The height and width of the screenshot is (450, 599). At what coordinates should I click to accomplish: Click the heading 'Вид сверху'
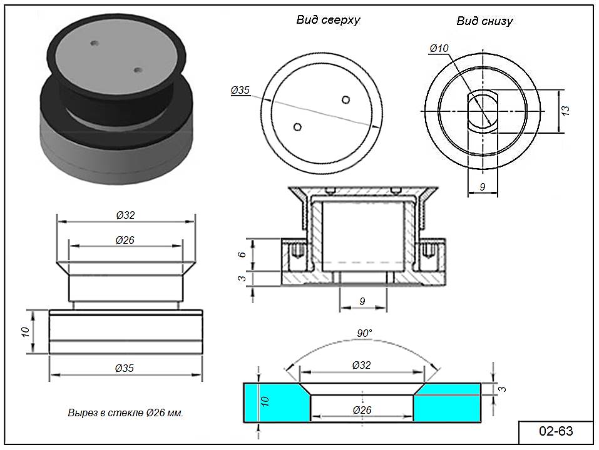click(328, 19)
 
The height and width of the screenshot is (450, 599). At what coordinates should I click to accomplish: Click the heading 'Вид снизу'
click(484, 21)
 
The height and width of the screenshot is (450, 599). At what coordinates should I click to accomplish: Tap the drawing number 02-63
click(556, 431)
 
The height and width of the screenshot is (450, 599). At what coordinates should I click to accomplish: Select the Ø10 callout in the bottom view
click(439, 48)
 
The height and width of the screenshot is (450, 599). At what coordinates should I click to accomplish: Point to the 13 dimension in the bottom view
click(565, 111)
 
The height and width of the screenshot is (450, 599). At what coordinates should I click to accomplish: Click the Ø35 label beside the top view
click(240, 91)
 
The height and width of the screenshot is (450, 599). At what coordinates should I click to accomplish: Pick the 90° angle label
click(364, 333)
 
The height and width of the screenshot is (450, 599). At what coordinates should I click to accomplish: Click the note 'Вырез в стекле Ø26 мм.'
click(125, 413)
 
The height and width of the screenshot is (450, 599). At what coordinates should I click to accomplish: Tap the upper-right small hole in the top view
click(346, 99)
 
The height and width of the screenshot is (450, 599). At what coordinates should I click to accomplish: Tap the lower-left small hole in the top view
click(298, 127)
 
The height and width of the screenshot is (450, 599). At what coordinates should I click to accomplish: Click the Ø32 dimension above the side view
click(125, 215)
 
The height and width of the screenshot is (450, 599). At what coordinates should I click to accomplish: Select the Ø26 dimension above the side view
click(125, 240)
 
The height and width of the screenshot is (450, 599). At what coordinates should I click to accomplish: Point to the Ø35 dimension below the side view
click(125, 368)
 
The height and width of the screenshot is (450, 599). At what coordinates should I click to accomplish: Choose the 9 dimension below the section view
click(362, 301)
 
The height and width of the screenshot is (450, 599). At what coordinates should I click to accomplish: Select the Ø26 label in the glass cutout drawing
click(362, 410)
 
